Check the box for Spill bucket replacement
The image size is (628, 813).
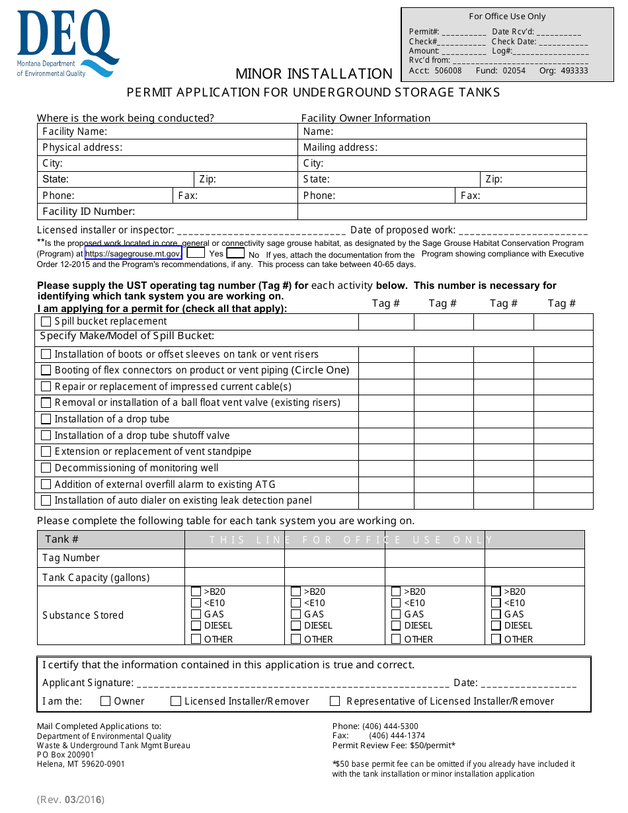[x=46, y=322]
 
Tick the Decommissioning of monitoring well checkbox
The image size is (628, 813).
[x=46, y=468]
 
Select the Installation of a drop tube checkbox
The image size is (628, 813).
[x=46, y=419]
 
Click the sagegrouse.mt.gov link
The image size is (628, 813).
[x=133, y=253]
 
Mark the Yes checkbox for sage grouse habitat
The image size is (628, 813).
[x=196, y=252]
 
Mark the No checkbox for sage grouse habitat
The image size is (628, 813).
[x=235, y=252]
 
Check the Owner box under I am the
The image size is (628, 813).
[x=106, y=701]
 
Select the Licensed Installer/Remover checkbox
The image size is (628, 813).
[x=176, y=701]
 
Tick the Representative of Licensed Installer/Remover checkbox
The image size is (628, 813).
[x=335, y=701]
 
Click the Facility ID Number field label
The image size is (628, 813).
[x=89, y=212]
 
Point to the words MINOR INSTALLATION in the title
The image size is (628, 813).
[x=314, y=73]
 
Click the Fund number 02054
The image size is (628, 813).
[x=514, y=71]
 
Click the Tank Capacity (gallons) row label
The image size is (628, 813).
[x=96, y=577]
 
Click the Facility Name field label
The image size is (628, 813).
[x=75, y=132]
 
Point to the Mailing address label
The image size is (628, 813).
[x=340, y=147]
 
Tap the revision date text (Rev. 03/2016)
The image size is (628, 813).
[x=71, y=800]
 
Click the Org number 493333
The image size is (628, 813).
[x=573, y=71]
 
